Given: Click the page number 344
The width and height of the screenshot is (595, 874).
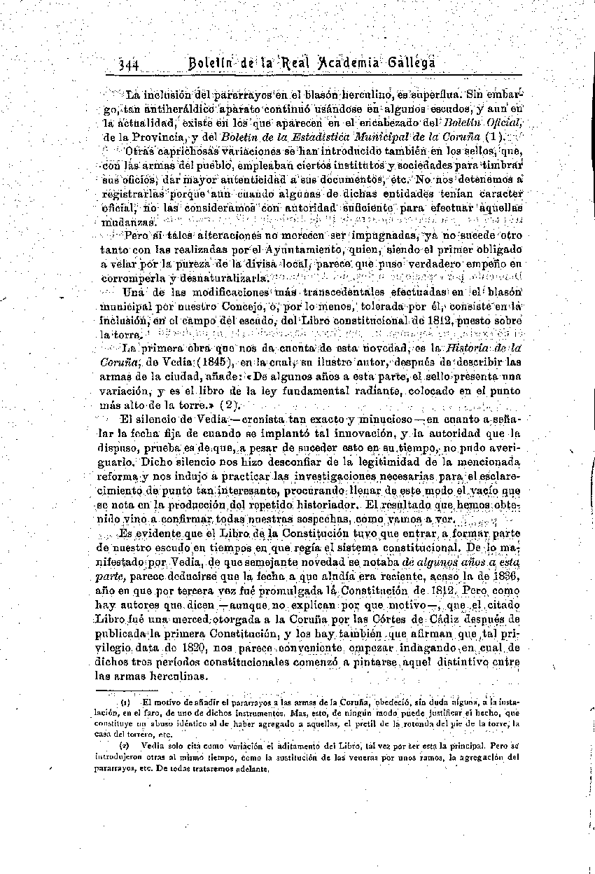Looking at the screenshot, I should coord(130,64).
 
